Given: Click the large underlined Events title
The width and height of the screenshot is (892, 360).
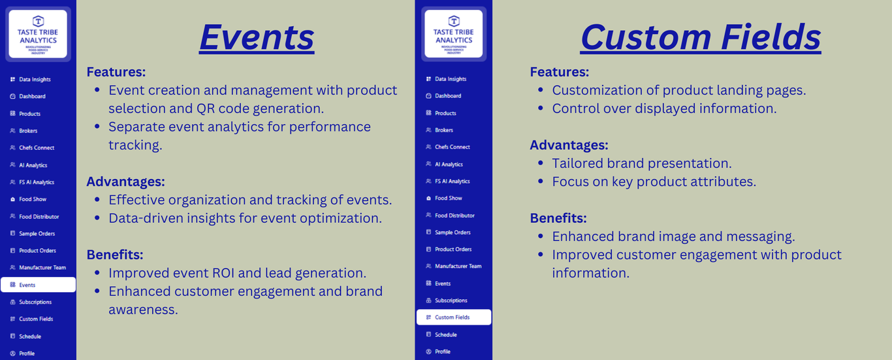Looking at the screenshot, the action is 257,37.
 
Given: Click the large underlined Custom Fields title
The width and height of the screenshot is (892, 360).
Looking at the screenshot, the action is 701,37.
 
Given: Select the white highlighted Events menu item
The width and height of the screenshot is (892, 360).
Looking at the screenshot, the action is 39,285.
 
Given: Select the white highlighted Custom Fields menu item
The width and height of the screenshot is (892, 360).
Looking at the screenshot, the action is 454,318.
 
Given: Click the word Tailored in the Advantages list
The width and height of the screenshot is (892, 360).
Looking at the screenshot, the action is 577,163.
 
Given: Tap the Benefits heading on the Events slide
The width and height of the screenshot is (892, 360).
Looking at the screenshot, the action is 115,254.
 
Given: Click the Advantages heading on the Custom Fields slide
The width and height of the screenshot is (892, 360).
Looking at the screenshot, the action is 569,145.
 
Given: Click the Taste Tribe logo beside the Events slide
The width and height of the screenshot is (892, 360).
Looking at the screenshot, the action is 38,34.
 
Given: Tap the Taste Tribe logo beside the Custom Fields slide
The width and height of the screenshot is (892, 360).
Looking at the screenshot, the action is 454,34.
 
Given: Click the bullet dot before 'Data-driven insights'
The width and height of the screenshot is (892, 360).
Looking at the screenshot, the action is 97,218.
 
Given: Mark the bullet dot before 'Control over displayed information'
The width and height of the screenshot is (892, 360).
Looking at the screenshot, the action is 541,108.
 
